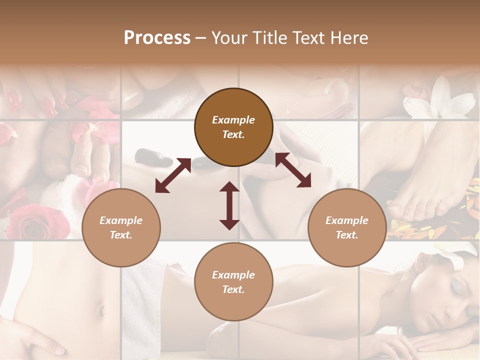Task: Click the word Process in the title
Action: coord(157,38)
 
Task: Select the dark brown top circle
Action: coord(233,127)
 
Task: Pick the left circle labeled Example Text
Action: coord(121,227)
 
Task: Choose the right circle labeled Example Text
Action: coord(346,227)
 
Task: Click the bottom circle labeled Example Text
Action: coord(233,282)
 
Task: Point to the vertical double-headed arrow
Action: coord(229,205)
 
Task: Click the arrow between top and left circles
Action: coord(173,175)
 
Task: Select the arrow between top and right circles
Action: coord(293,170)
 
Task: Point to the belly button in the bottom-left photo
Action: coord(101,310)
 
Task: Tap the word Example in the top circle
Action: coord(233,120)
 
